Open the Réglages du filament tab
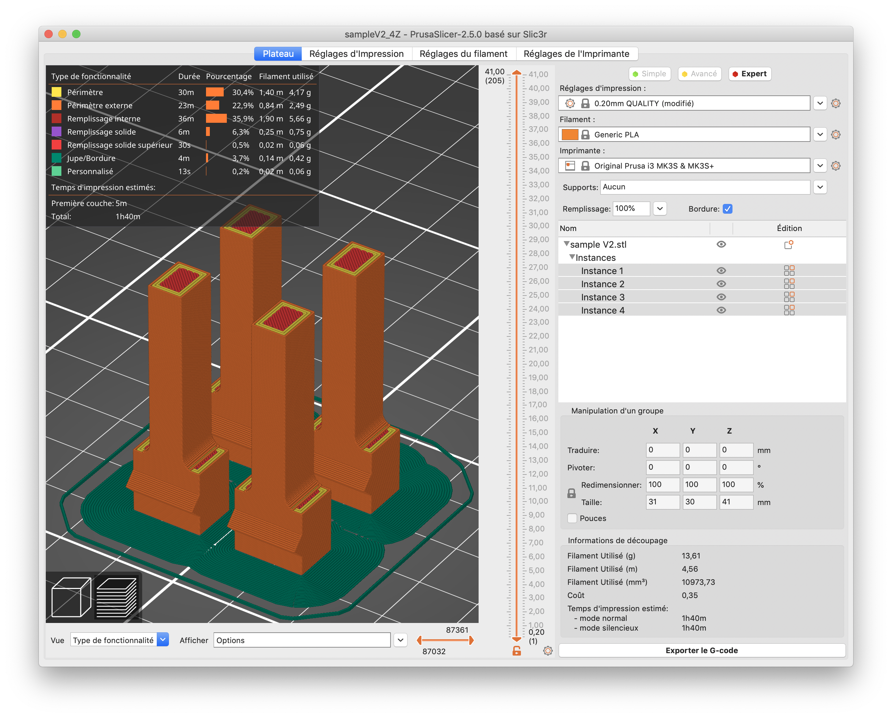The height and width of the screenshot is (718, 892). point(463,54)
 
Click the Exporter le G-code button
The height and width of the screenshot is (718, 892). point(701,650)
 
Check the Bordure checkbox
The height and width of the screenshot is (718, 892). point(727,209)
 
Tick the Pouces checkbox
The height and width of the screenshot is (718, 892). point(572,518)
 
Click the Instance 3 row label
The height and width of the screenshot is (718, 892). point(602,297)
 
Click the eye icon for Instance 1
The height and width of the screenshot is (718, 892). point(721,271)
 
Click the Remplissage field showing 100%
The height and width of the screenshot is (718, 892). point(631,208)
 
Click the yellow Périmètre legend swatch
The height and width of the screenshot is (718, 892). point(57,92)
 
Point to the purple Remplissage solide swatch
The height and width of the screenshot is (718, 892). point(57,131)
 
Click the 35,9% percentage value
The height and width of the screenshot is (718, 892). point(242,119)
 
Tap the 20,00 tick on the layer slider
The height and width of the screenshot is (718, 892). point(538,364)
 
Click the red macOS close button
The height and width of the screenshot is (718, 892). point(49,34)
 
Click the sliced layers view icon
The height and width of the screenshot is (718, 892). point(117,597)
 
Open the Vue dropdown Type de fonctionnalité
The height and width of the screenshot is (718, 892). point(120,640)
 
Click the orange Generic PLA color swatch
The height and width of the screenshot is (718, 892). point(570,135)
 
